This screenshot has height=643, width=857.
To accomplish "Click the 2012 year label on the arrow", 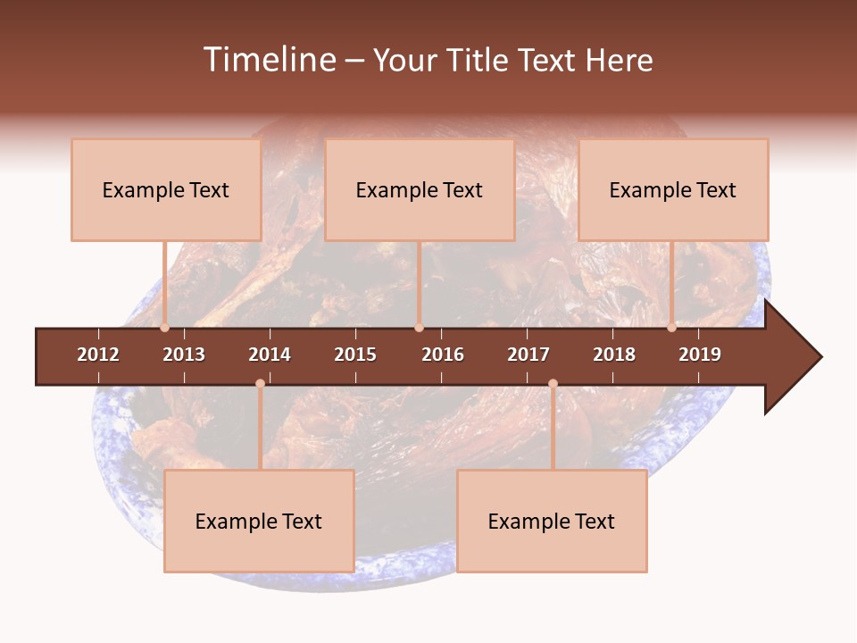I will click(98, 355).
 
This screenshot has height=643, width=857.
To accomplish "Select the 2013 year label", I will click(184, 355).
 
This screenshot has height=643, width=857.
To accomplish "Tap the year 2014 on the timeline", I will click(270, 355).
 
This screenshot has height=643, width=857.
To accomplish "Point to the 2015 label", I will click(355, 355).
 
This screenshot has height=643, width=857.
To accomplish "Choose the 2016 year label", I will click(443, 355).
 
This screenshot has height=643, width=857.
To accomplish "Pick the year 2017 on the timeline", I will click(528, 355).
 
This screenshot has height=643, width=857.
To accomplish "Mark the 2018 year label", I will click(614, 355).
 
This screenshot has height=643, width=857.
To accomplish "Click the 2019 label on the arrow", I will click(700, 355).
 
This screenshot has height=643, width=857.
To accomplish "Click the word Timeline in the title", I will click(269, 60).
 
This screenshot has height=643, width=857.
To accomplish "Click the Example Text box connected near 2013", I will click(166, 189).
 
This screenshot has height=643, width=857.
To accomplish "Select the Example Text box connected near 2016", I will click(420, 189).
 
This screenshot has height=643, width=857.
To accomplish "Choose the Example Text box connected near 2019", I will click(673, 189).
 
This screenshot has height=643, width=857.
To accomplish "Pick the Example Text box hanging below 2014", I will click(259, 521).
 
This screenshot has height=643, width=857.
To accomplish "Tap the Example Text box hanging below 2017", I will click(552, 521).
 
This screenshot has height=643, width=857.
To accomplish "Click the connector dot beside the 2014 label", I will click(260, 383).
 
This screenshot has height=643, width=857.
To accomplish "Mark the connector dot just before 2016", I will click(419, 328).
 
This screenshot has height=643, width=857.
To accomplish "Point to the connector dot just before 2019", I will click(671, 328).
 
